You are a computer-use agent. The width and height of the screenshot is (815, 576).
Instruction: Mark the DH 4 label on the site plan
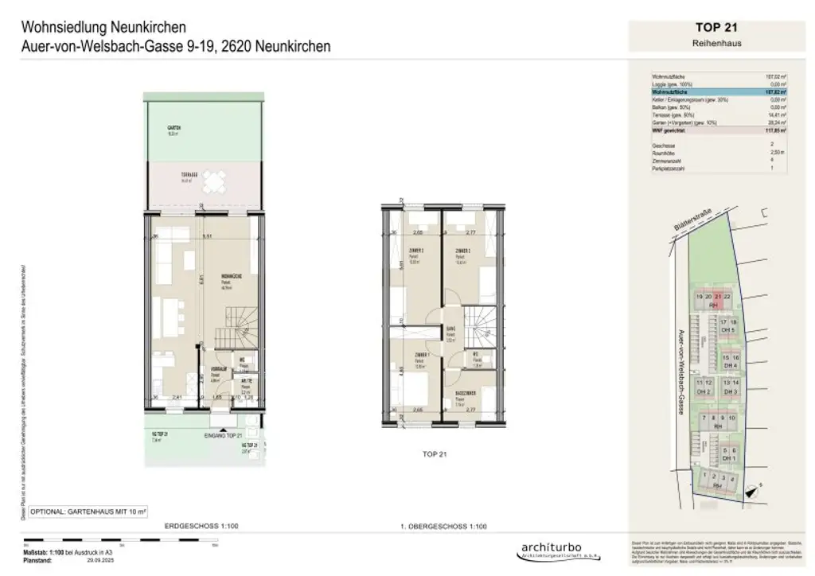pyautogui.click(x=731, y=365)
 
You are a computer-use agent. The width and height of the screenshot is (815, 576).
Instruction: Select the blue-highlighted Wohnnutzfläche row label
pyautogui.click(x=669, y=92)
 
